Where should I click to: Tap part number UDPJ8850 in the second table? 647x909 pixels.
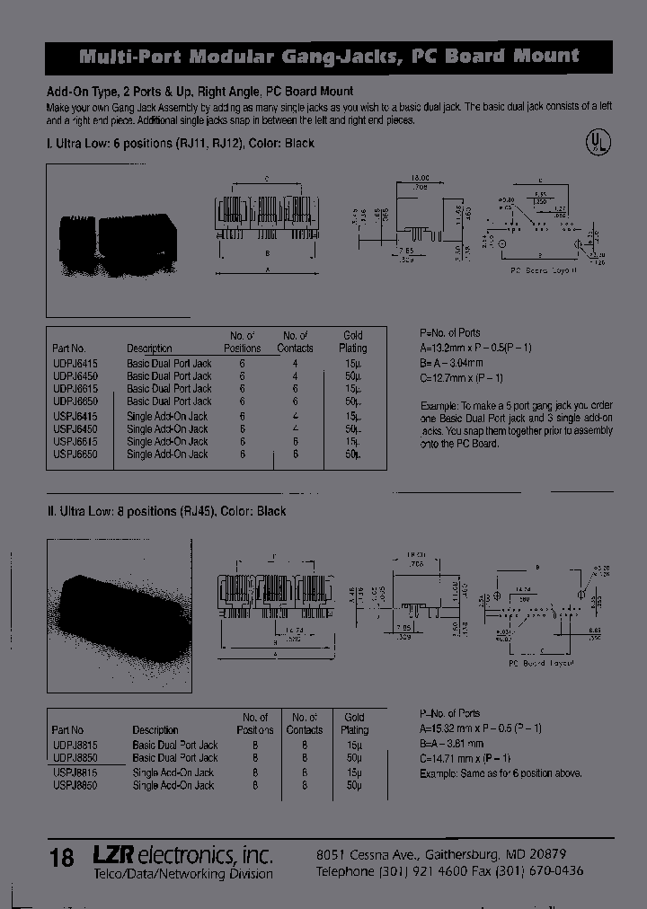[68, 758]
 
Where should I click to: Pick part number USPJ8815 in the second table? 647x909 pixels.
[68, 772]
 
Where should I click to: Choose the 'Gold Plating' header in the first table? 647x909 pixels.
[353, 341]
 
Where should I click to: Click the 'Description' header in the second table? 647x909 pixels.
[155, 730]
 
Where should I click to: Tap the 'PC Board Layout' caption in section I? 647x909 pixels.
[542, 269]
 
